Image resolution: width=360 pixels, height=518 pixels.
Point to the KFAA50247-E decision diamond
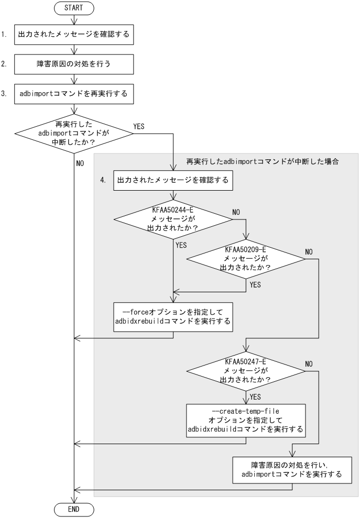(246, 371)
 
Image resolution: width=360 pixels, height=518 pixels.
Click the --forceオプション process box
(172, 316)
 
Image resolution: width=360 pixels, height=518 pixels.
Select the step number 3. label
(4, 95)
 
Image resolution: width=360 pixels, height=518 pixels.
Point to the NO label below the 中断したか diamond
(80, 163)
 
